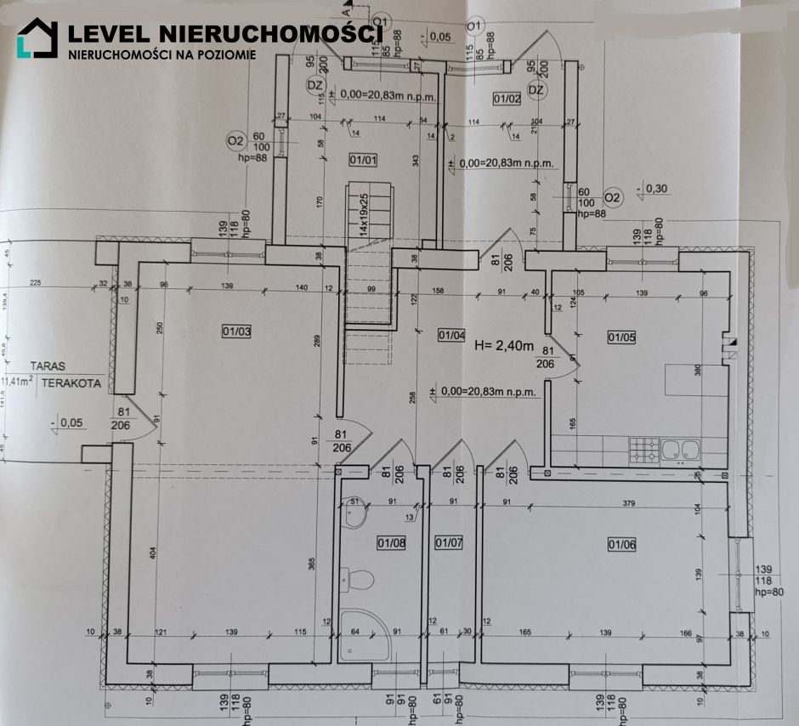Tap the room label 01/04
[x=451, y=335]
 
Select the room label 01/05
[x=622, y=337]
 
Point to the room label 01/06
[x=622, y=543]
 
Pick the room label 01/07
[x=448, y=542]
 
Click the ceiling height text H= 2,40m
[x=503, y=345]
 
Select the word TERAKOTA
[x=72, y=383]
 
